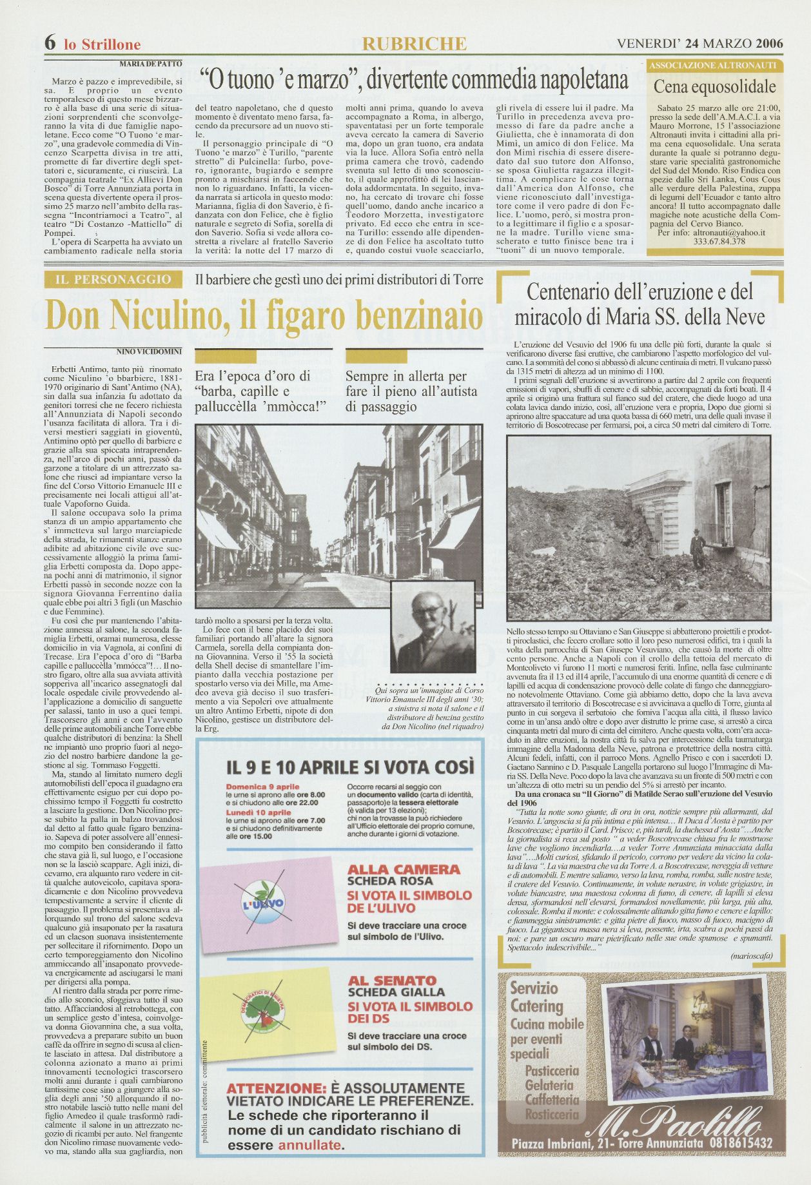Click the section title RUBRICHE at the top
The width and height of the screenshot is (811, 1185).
[x=415, y=43]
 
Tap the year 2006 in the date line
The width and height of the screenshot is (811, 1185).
[x=770, y=43]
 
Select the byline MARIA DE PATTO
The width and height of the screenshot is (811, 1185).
[x=151, y=64]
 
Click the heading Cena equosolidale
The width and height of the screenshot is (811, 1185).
[x=715, y=86]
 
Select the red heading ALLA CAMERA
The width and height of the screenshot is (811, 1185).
[x=404, y=870]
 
